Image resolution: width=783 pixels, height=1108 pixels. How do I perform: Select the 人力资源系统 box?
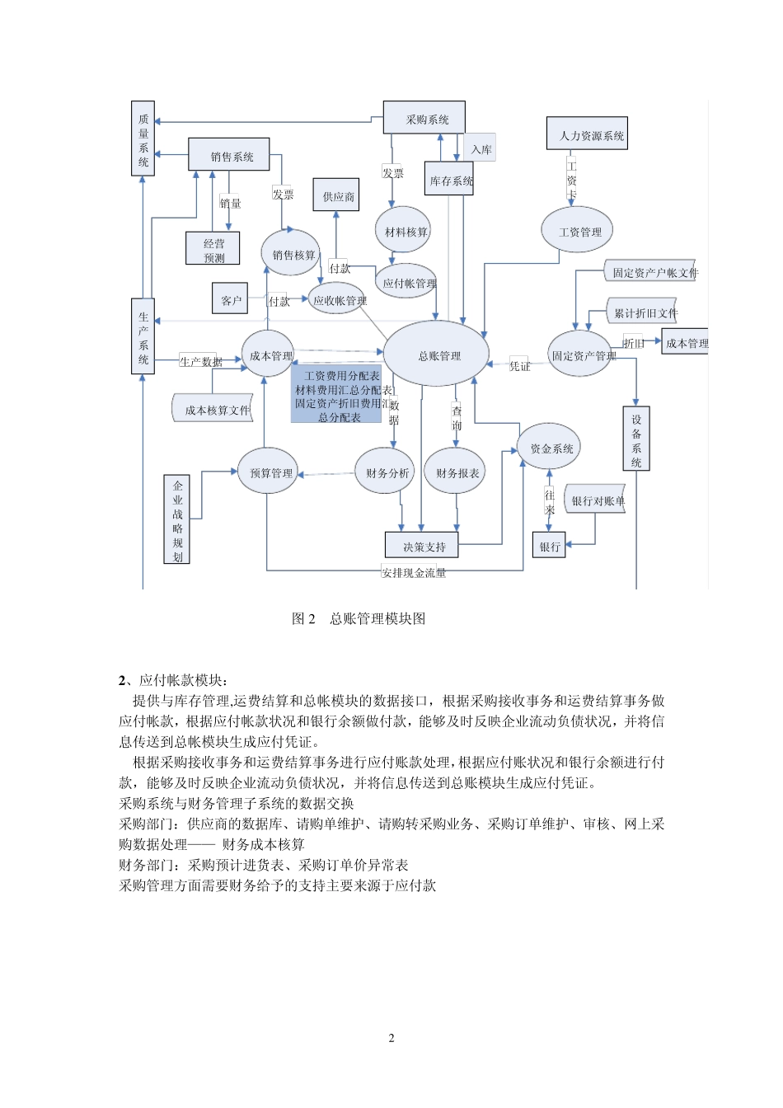pos(587,134)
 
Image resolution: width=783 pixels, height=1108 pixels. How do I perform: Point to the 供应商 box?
pos(336,195)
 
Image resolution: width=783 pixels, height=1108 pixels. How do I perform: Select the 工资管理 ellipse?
pos(578,231)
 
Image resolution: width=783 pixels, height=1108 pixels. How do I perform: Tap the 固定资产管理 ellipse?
pos(581,354)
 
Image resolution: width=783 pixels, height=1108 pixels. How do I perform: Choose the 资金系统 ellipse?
pos(550,448)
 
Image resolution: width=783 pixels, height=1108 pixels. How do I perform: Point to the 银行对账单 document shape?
pos(597,500)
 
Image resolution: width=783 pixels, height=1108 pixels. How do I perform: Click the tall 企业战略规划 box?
pos(177,519)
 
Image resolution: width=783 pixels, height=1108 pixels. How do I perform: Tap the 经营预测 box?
pos(213,249)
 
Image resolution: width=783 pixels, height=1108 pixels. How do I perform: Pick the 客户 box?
pos(231,300)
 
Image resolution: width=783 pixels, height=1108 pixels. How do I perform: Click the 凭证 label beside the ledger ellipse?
pos(520,365)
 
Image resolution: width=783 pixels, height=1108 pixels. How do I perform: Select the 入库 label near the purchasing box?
pos(481,149)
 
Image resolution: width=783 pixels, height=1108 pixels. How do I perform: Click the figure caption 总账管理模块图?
pos(377,618)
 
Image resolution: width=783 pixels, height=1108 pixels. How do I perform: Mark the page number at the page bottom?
pos(391,1038)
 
